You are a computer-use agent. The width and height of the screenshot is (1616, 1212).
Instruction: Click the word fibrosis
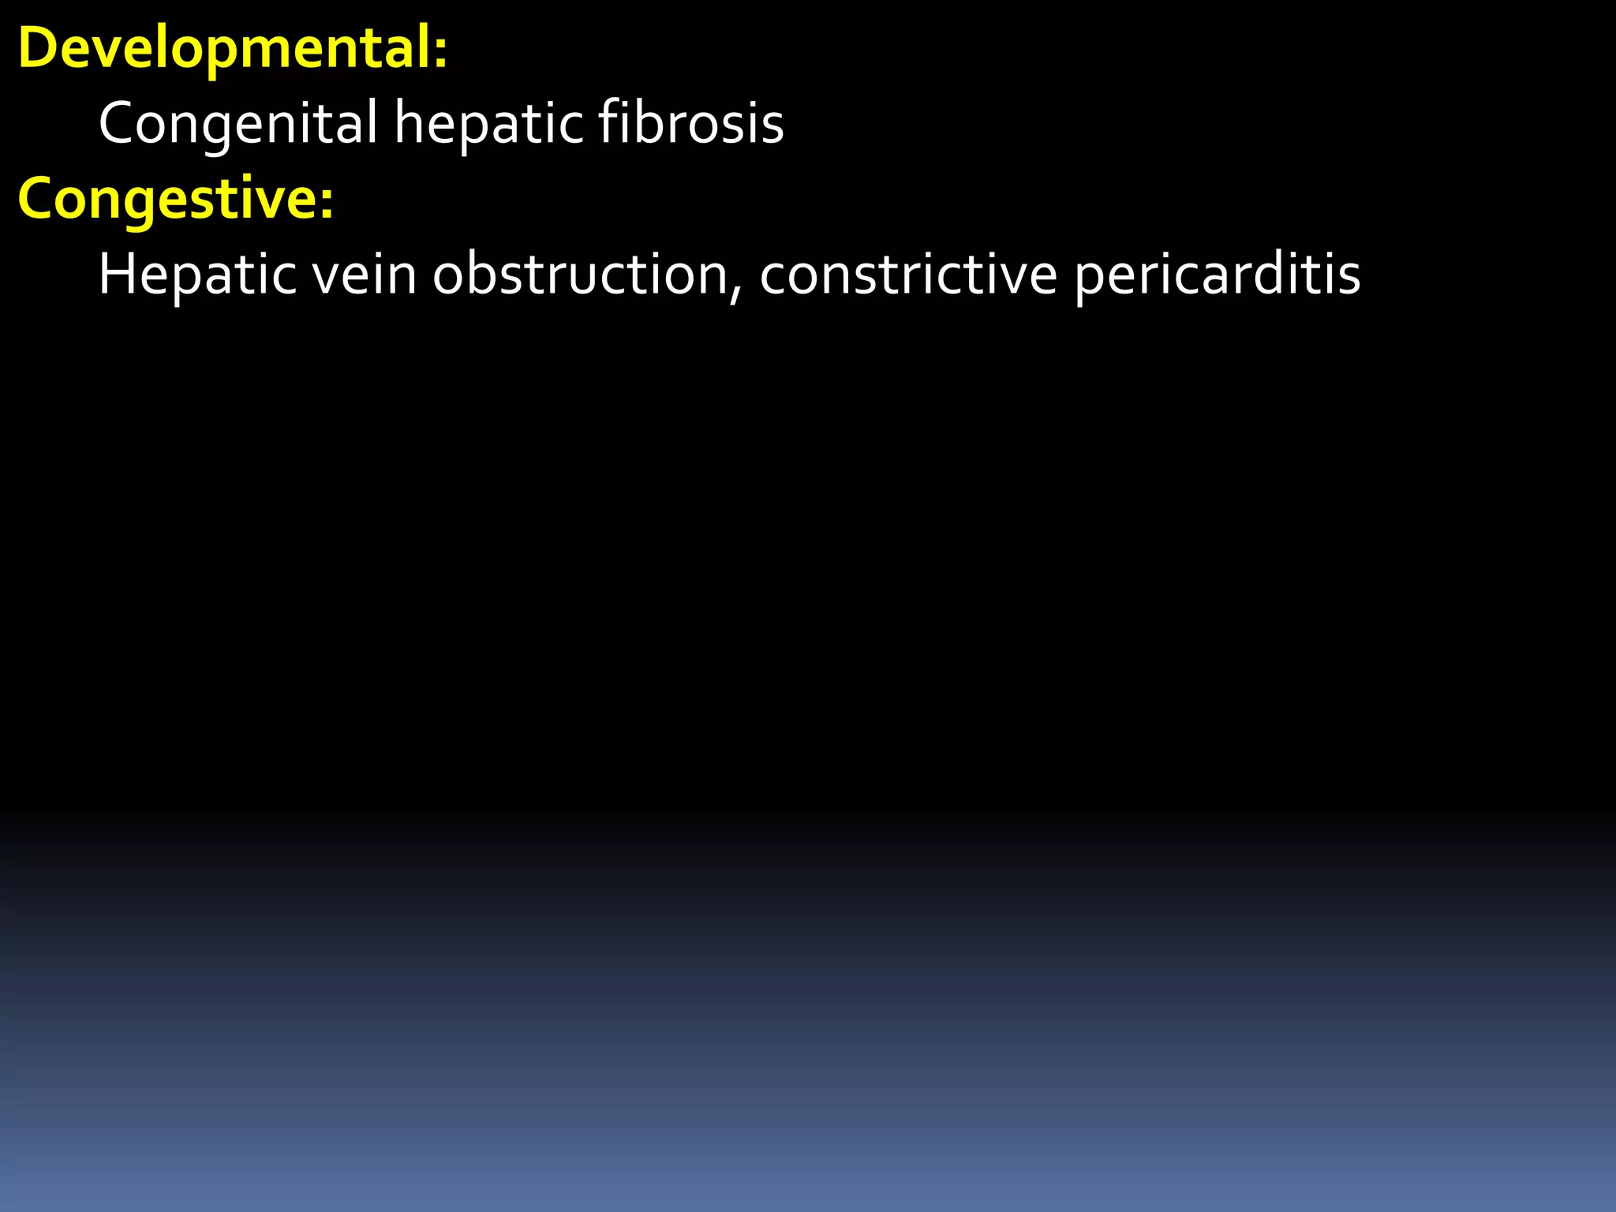point(690,123)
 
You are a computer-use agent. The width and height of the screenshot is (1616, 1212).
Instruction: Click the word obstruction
point(580,275)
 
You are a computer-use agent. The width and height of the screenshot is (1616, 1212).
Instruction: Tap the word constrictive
point(907,275)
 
